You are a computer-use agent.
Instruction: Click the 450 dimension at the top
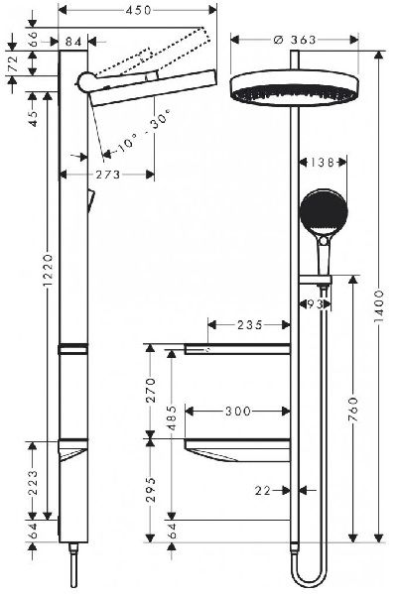139,12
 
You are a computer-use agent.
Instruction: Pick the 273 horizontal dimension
109,175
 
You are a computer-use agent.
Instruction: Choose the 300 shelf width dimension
237,409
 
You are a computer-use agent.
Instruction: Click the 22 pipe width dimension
263,489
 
